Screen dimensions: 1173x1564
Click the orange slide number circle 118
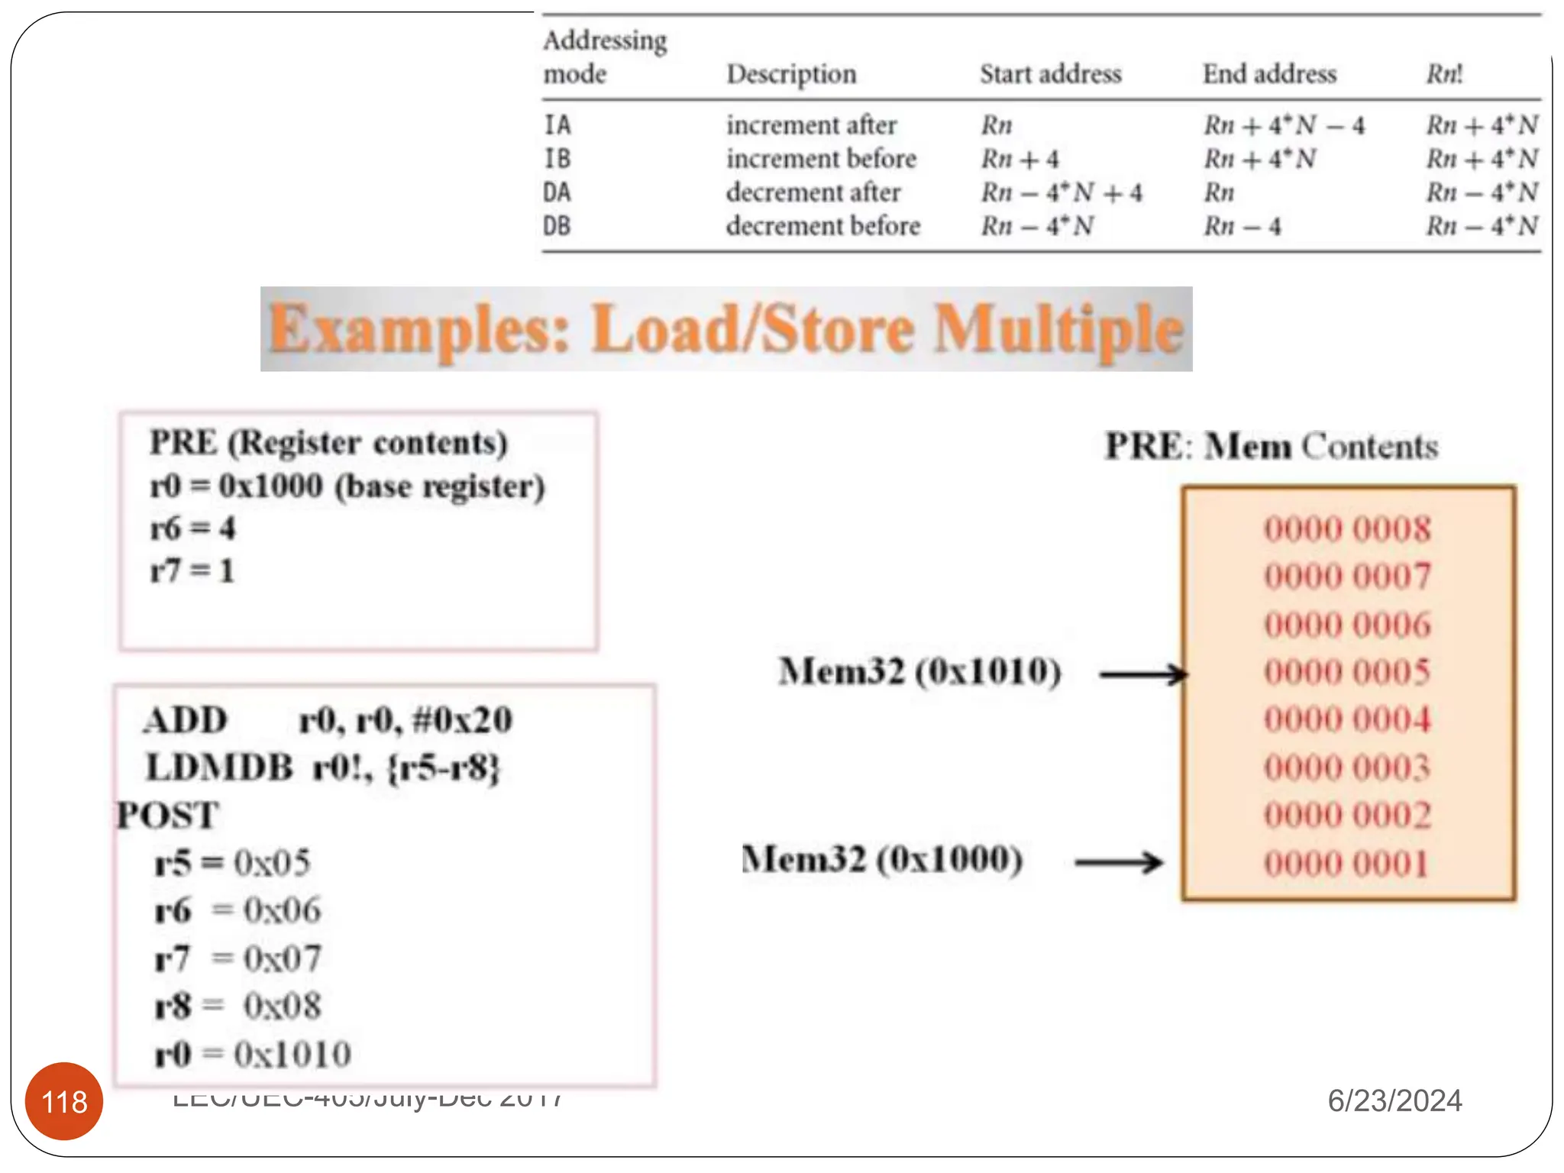tap(64, 1100)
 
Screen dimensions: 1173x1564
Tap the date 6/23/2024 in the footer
tap(1394, 1100)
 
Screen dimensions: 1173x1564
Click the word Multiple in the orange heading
tap(1058, 330)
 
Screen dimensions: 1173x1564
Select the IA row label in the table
tap(557, 124)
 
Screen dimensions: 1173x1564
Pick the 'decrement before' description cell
tap(822, 226)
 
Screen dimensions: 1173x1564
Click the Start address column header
tap(1050, 74)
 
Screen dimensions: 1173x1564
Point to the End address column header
tap(1269, 74)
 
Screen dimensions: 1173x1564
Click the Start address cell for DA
tap(1061, 192)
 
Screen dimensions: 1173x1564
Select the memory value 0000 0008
tap(1346, 529)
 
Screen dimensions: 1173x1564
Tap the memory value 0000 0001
tap(1346, 864)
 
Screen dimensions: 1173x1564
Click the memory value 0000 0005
tap(1346, 672)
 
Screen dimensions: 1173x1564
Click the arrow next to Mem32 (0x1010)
tap(1143, 674)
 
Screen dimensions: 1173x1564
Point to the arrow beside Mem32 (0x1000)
tap(1119, 862)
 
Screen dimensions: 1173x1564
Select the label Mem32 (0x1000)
tap(882, 859)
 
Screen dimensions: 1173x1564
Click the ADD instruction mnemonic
tap(186, 720)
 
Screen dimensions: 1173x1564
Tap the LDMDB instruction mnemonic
tap(219, 767)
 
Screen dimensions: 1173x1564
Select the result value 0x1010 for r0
tap(292, 1054)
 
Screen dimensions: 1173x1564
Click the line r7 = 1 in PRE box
tap(192, 570)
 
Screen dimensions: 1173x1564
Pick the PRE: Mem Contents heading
tap(1271, 446)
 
